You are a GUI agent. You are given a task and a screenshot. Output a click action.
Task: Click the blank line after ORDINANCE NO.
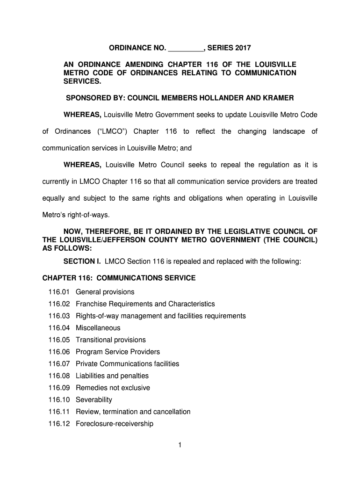coord(185,48)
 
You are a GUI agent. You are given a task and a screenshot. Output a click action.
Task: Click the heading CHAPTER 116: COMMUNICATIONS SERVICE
coord(119,278)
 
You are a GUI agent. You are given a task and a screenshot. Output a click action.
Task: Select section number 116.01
coord(58,292)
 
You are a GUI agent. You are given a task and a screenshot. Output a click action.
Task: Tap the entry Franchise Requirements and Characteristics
coord(145,304)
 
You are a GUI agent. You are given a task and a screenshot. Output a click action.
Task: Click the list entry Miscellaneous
coord(98,328)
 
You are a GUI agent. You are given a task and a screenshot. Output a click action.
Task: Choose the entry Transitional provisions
coord(110,340)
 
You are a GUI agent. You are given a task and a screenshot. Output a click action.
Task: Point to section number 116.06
coord(58,352)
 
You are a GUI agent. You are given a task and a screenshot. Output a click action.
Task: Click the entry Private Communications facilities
coord(127,364)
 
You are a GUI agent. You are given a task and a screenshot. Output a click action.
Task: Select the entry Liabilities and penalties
coord(112,376)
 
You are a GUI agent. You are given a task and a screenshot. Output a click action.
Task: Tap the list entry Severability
coord(94,400)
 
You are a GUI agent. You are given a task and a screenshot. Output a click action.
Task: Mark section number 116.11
coord(58,412)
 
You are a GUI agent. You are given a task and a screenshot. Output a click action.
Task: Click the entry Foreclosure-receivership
coord(115,424)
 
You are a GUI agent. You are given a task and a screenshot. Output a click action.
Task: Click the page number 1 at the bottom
coord(180,445)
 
